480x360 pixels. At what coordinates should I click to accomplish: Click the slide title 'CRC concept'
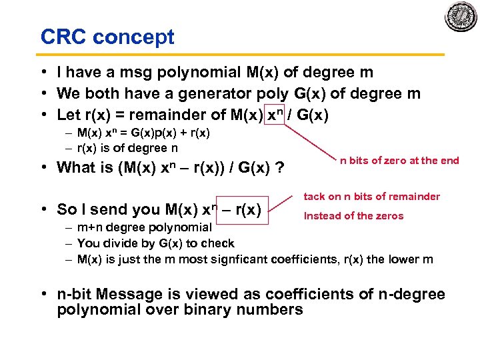point(107,37)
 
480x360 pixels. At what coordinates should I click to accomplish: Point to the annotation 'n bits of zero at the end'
point(399,160)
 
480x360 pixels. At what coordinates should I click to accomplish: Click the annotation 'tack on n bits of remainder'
point(371,196)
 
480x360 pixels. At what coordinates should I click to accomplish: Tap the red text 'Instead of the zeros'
point(353,215)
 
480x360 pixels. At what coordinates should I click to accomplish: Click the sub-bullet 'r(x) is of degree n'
point(127,148)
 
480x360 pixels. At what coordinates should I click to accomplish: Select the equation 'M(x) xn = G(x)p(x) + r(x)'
point(143,133)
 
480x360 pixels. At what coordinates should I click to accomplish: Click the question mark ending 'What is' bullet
point(281,167)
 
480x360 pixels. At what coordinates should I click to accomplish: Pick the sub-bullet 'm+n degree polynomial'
point(144,227)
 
